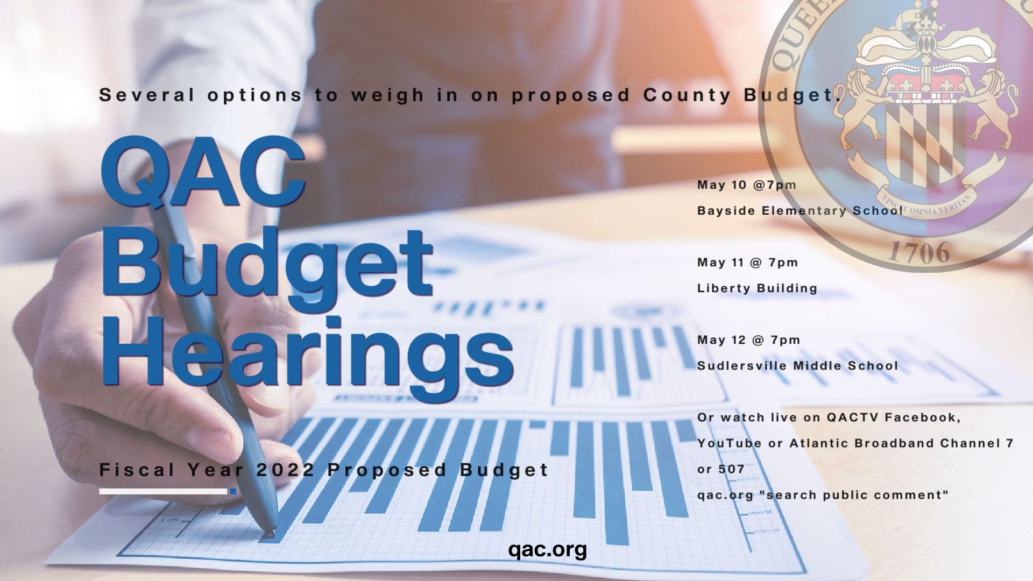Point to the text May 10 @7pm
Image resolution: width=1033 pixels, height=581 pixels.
click(x=747, y=185)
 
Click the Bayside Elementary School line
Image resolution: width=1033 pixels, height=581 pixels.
click(x=799, y=211)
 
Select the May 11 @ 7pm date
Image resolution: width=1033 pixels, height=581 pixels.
click(x=748, y=263)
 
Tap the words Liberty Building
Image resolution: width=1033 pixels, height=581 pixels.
click(x=757, y=288)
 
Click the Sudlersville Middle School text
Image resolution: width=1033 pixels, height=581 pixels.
click(x=797, y=366)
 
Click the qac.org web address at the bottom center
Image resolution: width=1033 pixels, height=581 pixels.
click(x=547, y=550)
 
